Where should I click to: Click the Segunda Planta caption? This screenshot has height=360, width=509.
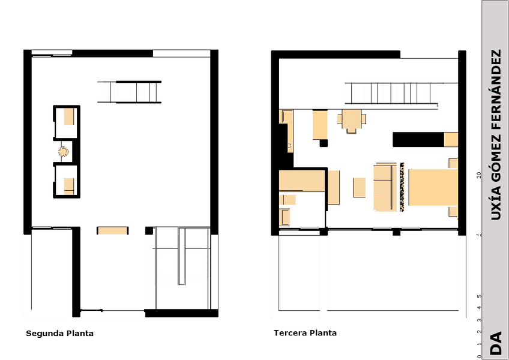60,334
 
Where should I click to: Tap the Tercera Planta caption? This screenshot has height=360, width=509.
305,333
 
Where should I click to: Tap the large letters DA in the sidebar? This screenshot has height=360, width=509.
496,343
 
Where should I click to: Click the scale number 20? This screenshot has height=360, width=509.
479,175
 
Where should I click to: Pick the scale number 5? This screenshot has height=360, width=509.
479,296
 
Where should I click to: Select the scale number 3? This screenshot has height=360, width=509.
479,320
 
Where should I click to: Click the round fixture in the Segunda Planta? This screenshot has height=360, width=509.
63,151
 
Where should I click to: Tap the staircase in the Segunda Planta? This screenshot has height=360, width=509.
130,92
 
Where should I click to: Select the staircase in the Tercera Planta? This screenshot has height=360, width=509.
391,94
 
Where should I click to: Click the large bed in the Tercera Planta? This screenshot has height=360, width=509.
433,187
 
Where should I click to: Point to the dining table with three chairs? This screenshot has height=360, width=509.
352,121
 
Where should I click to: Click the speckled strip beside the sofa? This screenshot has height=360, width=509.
402,187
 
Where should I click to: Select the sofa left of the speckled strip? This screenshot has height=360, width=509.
385,188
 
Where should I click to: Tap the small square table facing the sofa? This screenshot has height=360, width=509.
360,187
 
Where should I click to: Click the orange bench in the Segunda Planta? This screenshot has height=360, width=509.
113,230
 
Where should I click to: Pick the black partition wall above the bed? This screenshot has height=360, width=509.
418,140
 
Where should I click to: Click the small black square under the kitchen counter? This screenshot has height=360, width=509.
324,143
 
